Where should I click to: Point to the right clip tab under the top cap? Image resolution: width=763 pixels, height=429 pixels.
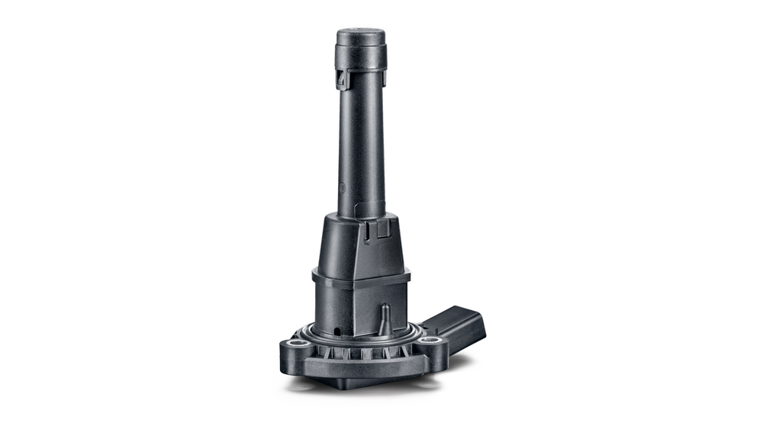click(x=383, y=76)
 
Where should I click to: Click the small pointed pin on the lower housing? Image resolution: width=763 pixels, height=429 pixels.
click(x=385, y=317)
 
